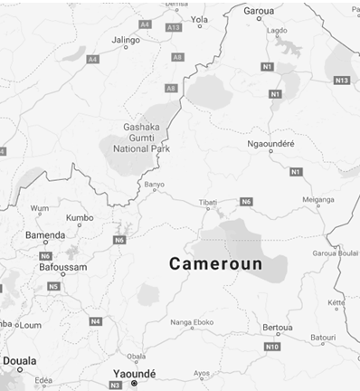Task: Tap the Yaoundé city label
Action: point(132,373)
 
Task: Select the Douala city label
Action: point(20,361)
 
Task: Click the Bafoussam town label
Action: point(63,268)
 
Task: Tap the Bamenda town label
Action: point(44,235)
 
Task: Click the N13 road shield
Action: point(341,81)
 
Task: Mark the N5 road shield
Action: point(54,286)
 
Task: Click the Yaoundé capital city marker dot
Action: point(134,384)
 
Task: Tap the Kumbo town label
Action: point(81,217)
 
